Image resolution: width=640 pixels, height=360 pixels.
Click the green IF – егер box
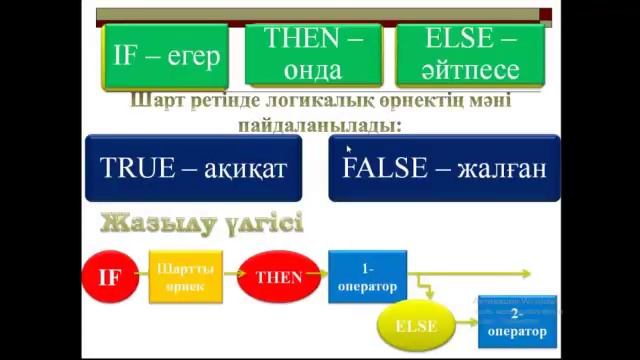coord(167,57)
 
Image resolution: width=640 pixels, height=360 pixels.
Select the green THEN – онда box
coord(313,55)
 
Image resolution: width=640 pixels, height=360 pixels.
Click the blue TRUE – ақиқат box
coord(194,168)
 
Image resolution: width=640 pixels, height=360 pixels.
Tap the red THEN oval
coord(272,277)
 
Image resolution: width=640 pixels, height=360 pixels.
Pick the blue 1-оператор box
coord(367,277)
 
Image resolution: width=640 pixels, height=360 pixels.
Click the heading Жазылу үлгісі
coord(201,221)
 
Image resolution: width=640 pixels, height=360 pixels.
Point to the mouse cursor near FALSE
coord(348,150)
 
